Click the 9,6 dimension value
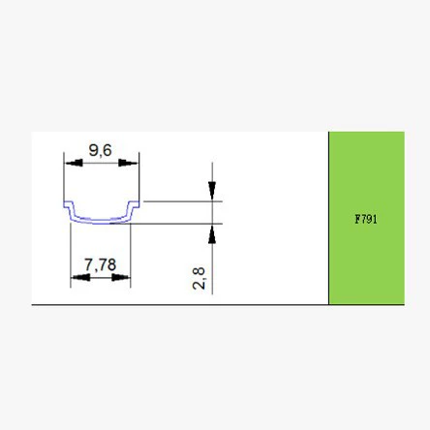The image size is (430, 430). [x=100, y=150]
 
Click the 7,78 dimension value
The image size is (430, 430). [x=100, y=264]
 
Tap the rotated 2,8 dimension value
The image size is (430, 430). [x=199, y=278]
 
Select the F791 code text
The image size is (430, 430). [x=366, y=219]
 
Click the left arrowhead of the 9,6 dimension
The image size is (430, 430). [x=74, y=163]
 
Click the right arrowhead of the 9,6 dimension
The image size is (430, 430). [x=128, y=163]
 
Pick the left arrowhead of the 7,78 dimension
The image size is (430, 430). [x=80, y=277]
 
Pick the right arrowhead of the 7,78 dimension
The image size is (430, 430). [x=121, y=277]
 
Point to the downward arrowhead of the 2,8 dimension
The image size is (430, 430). [x=212, y=191]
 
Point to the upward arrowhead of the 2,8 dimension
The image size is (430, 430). [x=212, y=234]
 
